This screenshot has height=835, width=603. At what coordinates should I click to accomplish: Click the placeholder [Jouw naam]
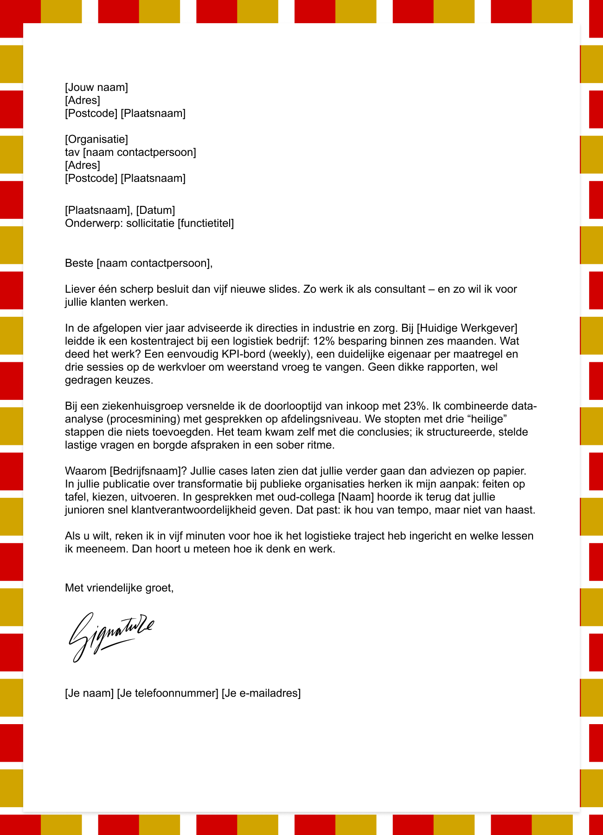[x=96, y=87]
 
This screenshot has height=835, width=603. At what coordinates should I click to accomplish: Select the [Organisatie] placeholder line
[x=96, y=139]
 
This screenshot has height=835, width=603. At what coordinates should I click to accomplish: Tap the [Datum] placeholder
[x=155, y=211]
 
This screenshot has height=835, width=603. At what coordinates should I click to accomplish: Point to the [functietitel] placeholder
[x=205, y=224]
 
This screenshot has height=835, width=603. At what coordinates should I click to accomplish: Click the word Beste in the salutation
[x=79, y=263]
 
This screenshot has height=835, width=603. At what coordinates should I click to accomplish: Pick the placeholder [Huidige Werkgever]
[x=467, y=328]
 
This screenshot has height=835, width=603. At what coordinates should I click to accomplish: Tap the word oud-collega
[x=307, y=497]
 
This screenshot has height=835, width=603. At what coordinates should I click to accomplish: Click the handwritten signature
[x=111, y=636]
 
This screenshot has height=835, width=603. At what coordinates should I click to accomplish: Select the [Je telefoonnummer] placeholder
[x=167, y=694]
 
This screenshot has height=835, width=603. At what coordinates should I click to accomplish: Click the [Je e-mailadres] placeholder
[x=261, y=694]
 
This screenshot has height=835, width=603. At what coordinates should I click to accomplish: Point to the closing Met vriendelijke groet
[x=119, y=588]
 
